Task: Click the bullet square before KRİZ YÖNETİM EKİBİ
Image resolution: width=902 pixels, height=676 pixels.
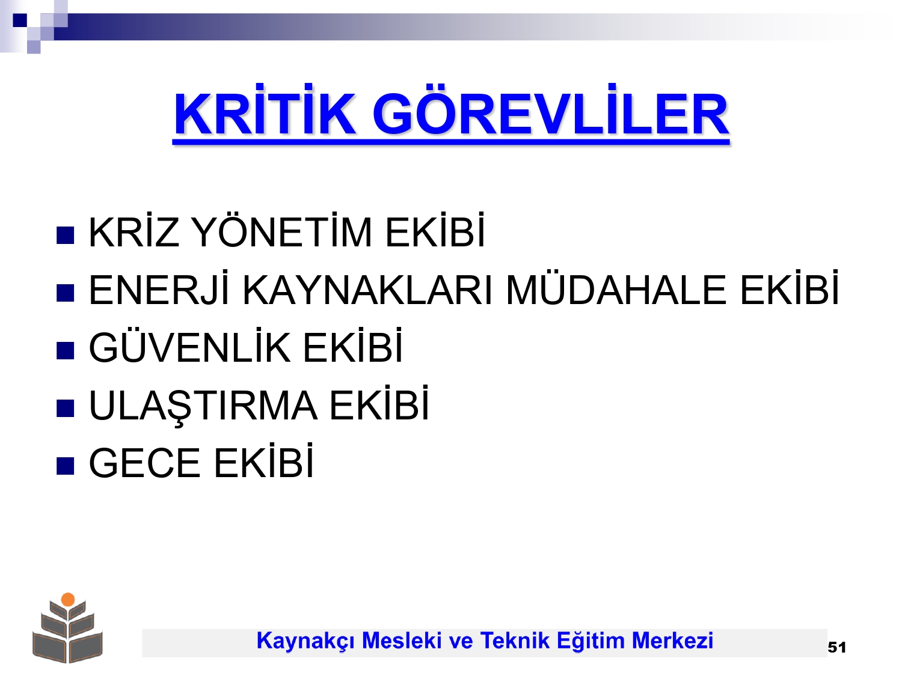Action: pos(65,235)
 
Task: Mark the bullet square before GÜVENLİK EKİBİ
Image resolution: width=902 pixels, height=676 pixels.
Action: pos(65,350)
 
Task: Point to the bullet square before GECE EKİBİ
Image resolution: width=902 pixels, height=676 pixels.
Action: pos(65,466)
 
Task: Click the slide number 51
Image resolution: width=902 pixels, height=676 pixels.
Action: pos(836,647)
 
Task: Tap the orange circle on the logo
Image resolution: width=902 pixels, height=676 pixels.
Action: pos(68,599)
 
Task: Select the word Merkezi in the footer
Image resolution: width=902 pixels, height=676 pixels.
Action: pos(672,641)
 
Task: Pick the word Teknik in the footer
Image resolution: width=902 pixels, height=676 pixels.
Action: pos(515,641)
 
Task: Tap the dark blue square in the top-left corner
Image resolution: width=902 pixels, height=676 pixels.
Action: pos(20,20)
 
